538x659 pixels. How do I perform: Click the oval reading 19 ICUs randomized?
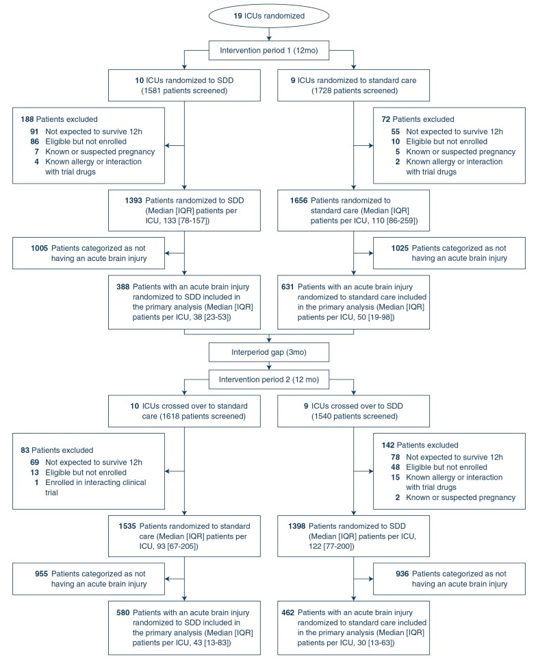pyautogui.click(x=269, y=16)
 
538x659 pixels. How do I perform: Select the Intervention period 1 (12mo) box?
pyautogui.click(x=269, y=50)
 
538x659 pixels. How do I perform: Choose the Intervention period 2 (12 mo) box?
pyautogui.click(x=269, y=379)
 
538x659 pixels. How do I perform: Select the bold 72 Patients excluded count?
pyautogui.click(x=387, y=119)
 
